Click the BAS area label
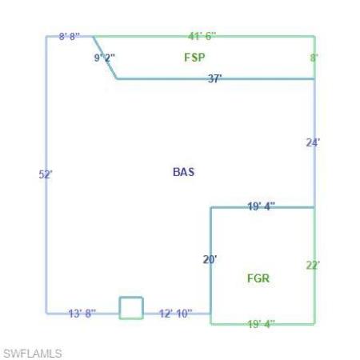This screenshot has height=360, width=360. (x=183, y=172)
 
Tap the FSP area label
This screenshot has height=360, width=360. (x=194, y=58)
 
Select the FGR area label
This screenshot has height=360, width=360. (x=258, y=278)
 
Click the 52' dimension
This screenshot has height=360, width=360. (x=46, y=174)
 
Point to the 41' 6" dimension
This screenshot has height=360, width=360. (x=202, y=36)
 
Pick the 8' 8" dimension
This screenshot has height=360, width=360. (x=70, y=36)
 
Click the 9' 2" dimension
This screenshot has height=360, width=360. (x=105, y=58)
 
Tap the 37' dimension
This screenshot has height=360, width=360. (x=214, y=78)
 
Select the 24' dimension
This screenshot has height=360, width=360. (x=313, y=142)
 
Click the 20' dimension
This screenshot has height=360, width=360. (x=210, y=259)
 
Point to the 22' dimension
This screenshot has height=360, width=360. (x=313, y=266)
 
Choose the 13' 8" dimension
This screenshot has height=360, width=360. (x=82, y=314)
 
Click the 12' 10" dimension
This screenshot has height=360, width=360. (x=175, y=314)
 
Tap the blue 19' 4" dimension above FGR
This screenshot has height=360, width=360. (x=261, y=206)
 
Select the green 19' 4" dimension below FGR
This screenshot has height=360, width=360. (x=261, y=324)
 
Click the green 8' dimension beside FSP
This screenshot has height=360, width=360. (x=314, y=58)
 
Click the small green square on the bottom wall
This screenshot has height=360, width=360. (x=131, y=297)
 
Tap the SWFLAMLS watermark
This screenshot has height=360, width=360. (x=33, y=354)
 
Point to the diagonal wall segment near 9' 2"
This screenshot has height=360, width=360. (x=105, y=58)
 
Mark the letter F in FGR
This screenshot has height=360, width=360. (x=250, y=278)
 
